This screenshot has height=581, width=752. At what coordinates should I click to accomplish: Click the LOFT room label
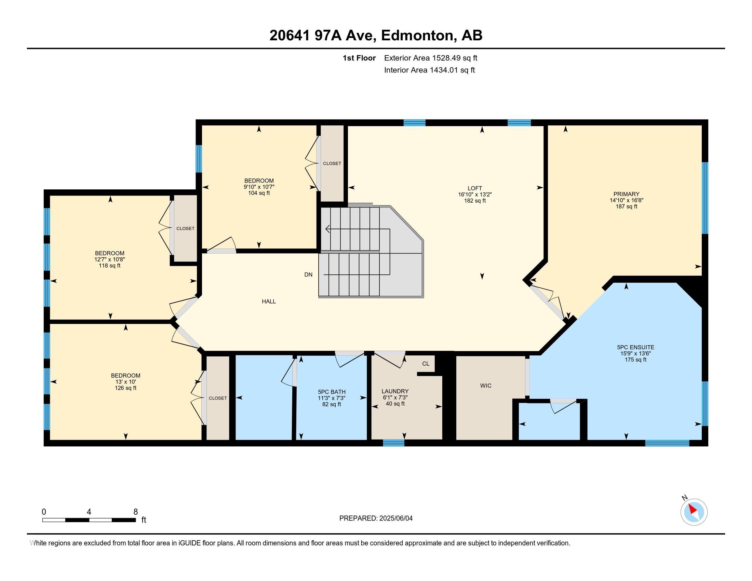pyautogui.click(x=474, y=188)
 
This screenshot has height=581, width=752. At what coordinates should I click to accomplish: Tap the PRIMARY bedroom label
pyautogui.click(x=626, y=194)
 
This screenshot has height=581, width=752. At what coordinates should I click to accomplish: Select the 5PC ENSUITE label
pyautogui.click(x=635, y=347)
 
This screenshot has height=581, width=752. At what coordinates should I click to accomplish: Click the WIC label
pyautogui.click(x=485, y=386)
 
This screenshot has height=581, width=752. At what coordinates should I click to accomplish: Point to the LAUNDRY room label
pyautogui.click(x=395, y=391)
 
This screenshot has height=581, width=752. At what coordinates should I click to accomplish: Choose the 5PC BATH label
pyautogui.click(x=332, y=392)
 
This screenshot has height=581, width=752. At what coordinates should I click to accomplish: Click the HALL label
pyautogui.click(x=269, y=301)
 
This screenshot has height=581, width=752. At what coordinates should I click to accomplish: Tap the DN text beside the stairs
pyautogui.click(x=308, y=275)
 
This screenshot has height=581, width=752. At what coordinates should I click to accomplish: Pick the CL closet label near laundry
pyautogui.click(x=426, y=364)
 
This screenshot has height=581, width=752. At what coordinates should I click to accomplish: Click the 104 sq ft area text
pyautogui.click(x=259, y=193)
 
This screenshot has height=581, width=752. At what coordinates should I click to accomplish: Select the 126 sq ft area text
pyautogui.click(x=125, y=388)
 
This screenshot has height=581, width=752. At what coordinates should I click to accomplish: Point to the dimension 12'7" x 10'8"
pyautogui.click(x=109, y=259)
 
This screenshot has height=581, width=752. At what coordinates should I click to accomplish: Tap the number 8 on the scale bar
pyautogui.click(x=136, y=512)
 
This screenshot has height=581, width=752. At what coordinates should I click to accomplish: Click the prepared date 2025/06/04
pyautogui.click(x=395, y=518)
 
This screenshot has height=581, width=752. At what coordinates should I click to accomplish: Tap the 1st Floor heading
pyautogui.click(x=359, y=58)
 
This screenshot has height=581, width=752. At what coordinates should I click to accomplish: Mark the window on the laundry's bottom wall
pyautogui.click(x=393, y=443)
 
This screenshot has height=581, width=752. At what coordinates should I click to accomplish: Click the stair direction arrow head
pyautogui.click(x=327, y=229)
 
